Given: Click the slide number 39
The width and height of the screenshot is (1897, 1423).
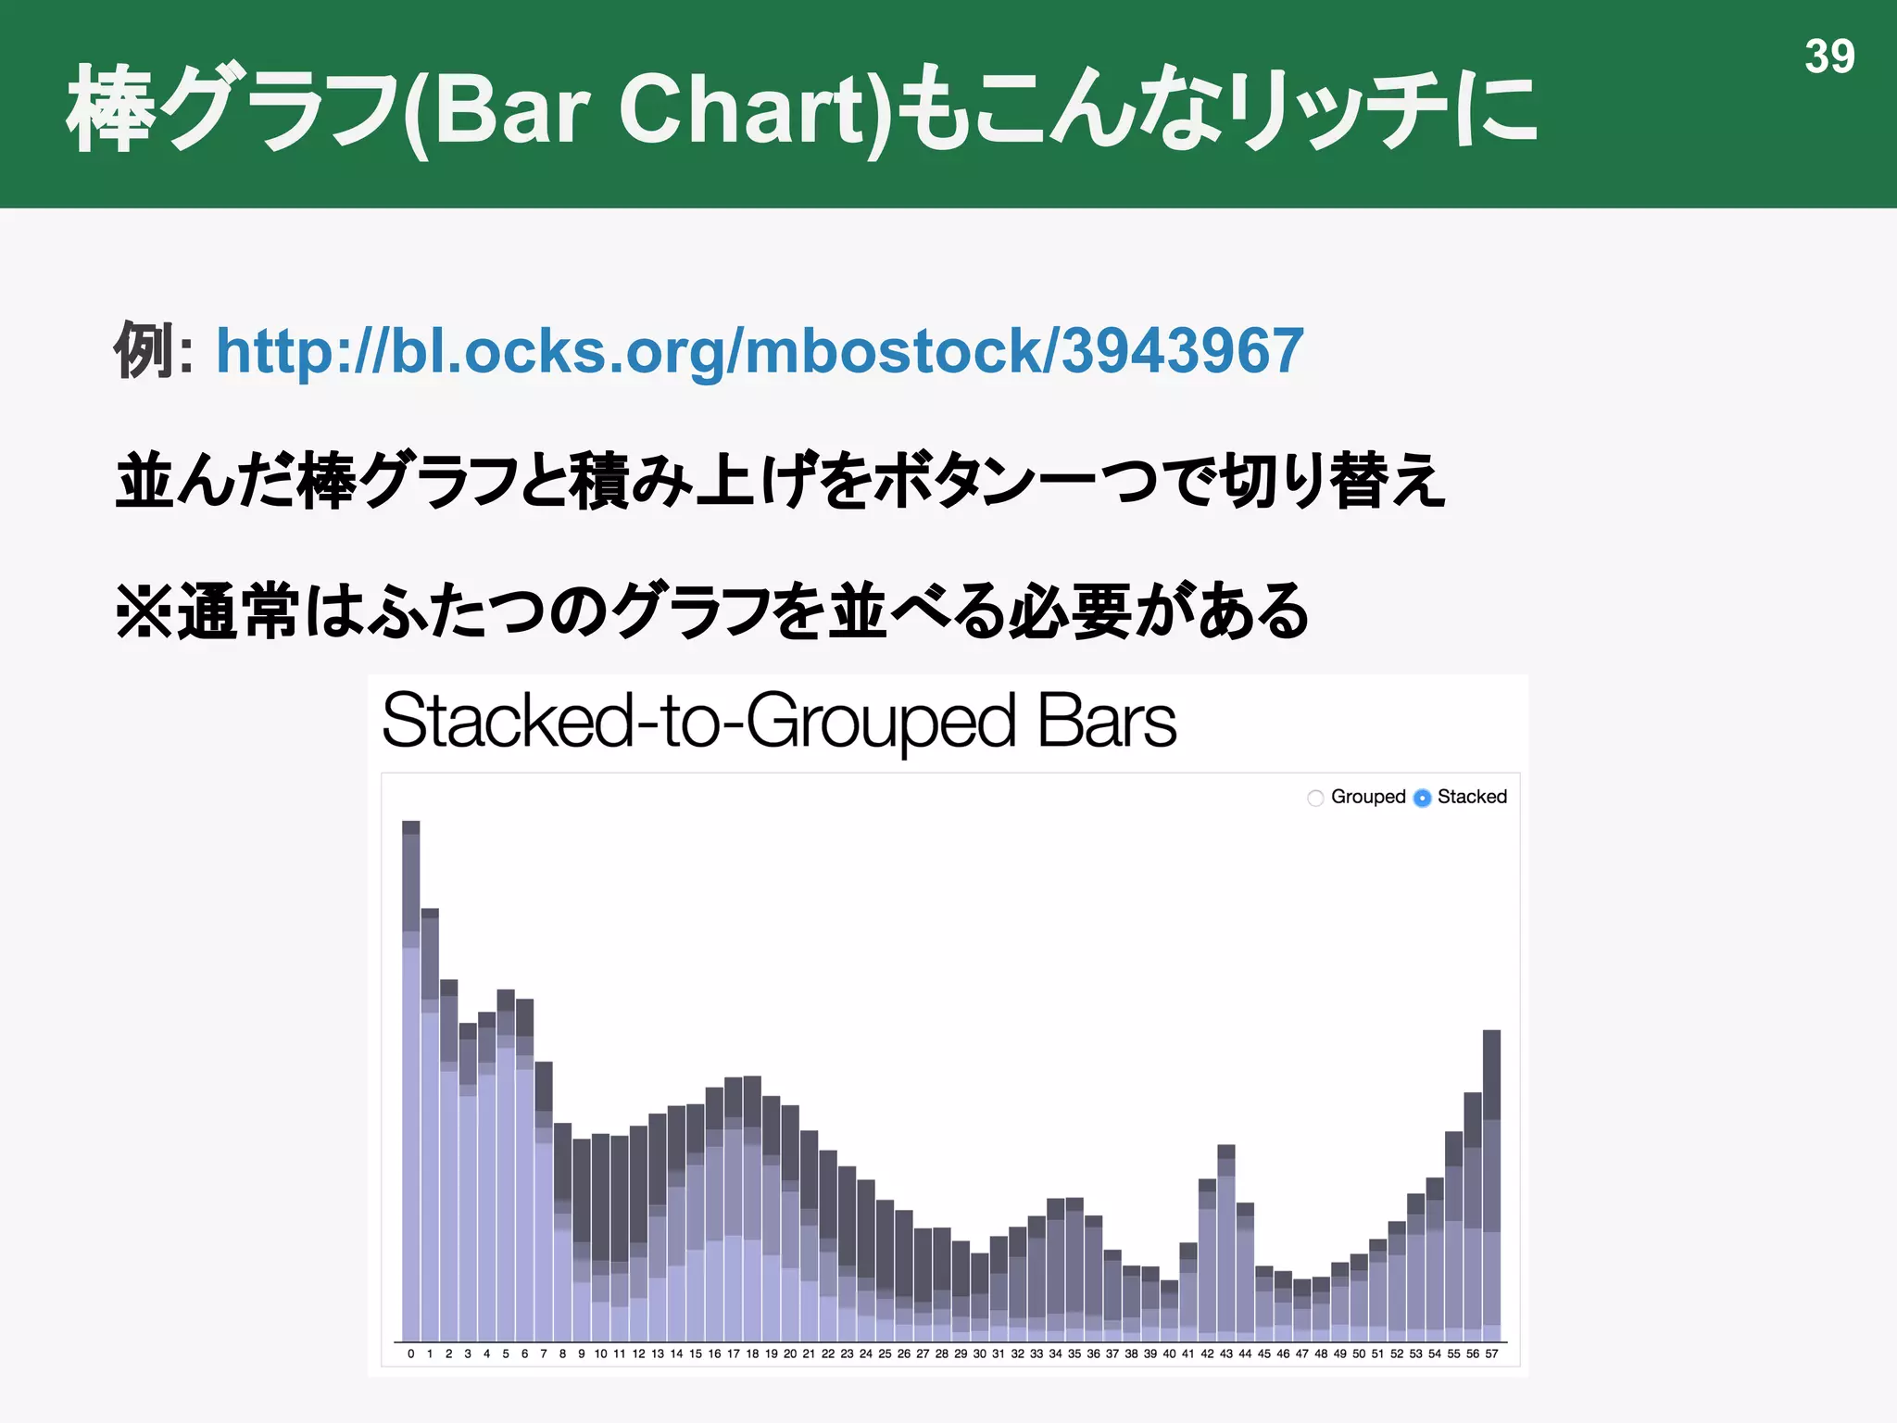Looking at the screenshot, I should [x=1829, y=57].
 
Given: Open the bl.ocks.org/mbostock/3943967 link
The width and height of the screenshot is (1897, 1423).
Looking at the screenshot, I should [x=760, y=351].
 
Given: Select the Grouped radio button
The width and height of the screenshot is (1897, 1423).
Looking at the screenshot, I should [x=1315, y=798].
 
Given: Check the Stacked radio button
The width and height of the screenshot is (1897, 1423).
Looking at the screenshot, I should [x=1423, y=798].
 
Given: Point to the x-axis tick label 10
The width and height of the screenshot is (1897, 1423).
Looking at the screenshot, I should [x=600, y=1354].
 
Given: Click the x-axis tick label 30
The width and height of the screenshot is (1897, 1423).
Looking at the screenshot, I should [x=979, y=1354].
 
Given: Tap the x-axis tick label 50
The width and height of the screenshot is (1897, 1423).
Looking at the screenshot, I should [x=1359, y=1354].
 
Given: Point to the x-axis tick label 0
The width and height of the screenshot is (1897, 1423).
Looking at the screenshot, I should [x=411, y=1354].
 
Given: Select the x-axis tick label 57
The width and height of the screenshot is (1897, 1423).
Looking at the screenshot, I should [x=1491, y=1354].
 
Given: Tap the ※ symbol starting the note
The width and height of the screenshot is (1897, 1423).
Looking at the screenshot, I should [x=144, y=611].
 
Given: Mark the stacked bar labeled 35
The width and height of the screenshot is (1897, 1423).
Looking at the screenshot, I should [x=1074, y=1269].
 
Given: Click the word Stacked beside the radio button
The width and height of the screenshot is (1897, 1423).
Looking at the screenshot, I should [x=1472, y=797].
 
